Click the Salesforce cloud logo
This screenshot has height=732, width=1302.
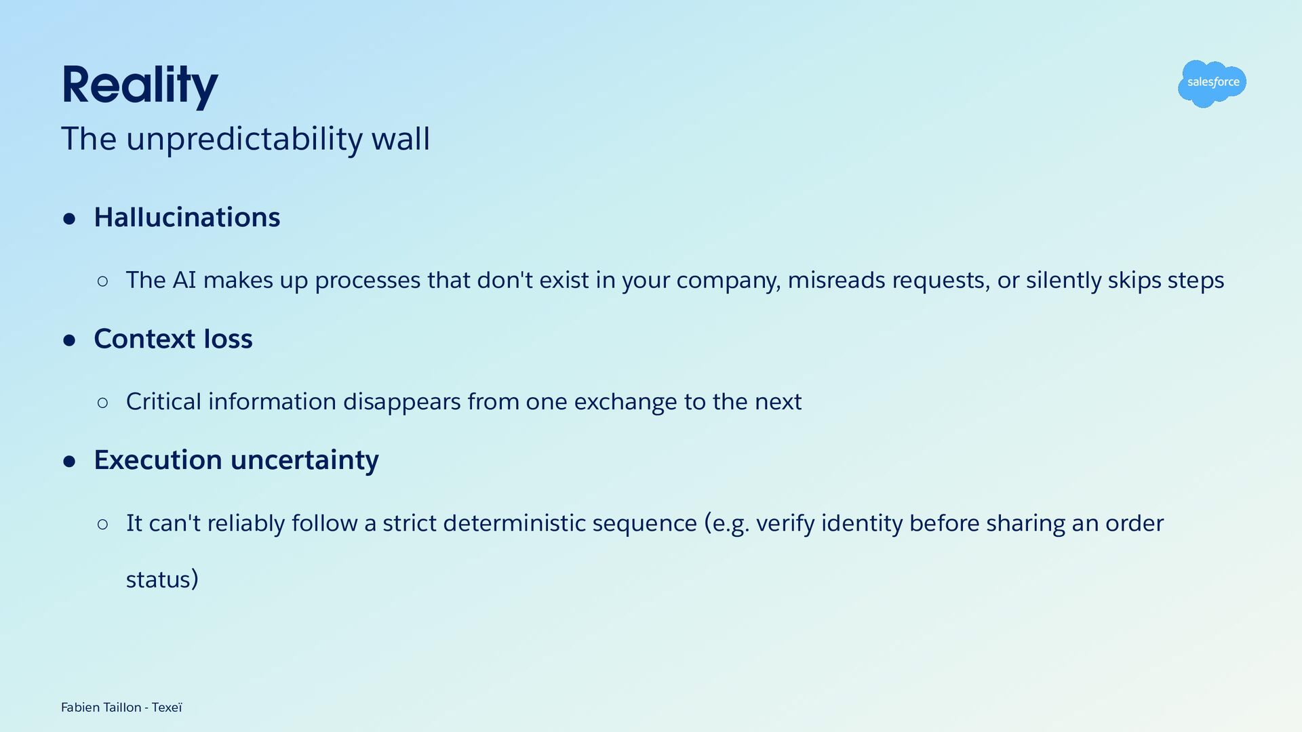pos(1212,83)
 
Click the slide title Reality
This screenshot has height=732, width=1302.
pos(140,85)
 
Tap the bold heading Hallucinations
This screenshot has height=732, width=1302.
pos(187,218)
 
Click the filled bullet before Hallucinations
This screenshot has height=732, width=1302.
pos(69,219)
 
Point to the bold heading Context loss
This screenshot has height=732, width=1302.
pos(173,339)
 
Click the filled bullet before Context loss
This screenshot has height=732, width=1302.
pos(69,340)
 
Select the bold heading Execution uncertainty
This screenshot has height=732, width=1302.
pos(236,461)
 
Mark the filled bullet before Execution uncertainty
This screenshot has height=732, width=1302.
pos(69,462)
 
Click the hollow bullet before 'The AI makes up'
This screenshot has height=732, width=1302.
pos(102,281)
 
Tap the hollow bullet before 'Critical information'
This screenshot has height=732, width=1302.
pos(102,403)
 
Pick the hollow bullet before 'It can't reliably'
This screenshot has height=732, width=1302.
pos(102,524)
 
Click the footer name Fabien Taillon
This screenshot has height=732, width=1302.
pos(101,708)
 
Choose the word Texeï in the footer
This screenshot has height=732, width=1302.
pos(167,708)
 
